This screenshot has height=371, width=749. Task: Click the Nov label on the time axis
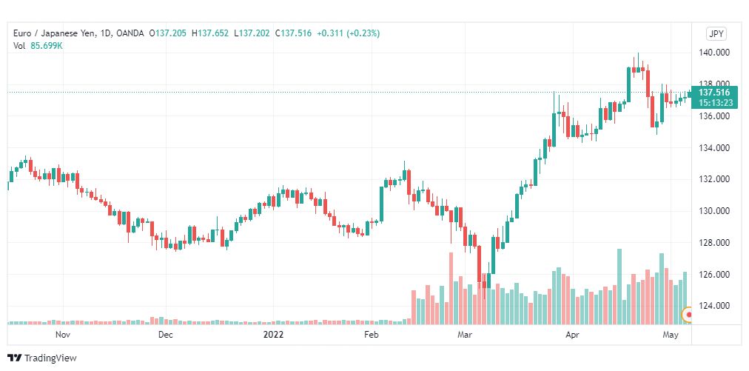(63, 335)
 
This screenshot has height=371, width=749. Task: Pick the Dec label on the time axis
(165, 335)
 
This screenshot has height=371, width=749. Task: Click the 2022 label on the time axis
(274, 335)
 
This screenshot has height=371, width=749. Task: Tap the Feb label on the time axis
(371, 335)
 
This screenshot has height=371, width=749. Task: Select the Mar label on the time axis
(465, 335)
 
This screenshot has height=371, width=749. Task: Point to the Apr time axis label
(572, 335)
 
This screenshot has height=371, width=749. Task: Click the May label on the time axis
(671, 335)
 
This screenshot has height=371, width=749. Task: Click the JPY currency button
(716, 33)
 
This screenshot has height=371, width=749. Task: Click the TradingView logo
(42, 358)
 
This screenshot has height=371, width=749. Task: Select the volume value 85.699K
(47, 46)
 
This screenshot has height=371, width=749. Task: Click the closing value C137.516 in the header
(292, 33)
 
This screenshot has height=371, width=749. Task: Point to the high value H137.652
(209, 33)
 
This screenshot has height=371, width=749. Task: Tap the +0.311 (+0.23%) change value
(348, 33)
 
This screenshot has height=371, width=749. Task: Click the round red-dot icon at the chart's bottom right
(690, 315)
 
